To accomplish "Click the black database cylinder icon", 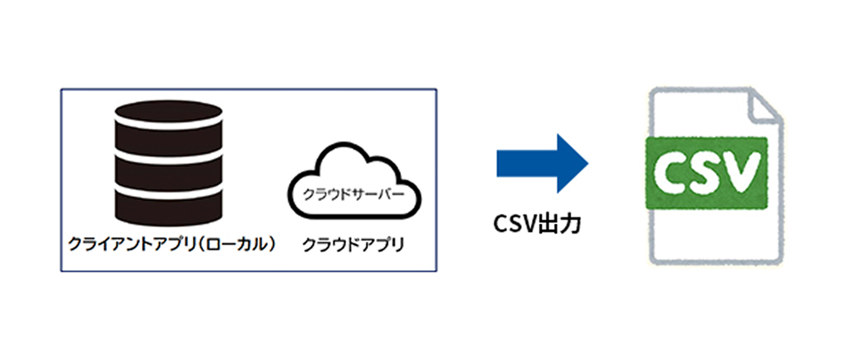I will (169, 162).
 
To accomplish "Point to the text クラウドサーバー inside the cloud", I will (354, 194).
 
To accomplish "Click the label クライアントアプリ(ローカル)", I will (172, 244).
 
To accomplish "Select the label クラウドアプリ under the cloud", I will (353, 245).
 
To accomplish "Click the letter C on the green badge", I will (670, 173).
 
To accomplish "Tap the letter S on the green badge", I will (705, 173).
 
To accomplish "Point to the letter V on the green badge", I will (741, 172).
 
